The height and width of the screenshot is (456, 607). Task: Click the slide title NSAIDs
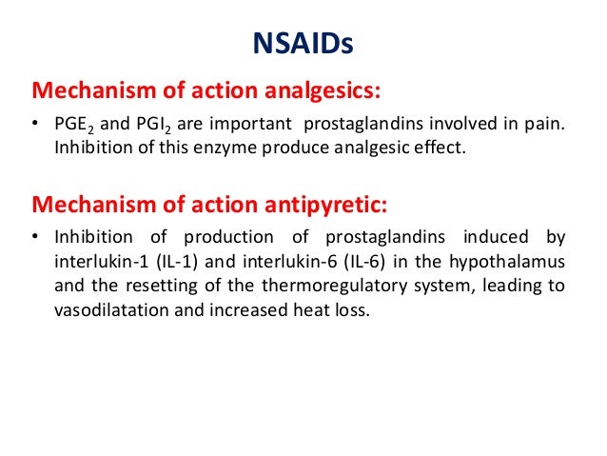[x=303, y=45]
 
